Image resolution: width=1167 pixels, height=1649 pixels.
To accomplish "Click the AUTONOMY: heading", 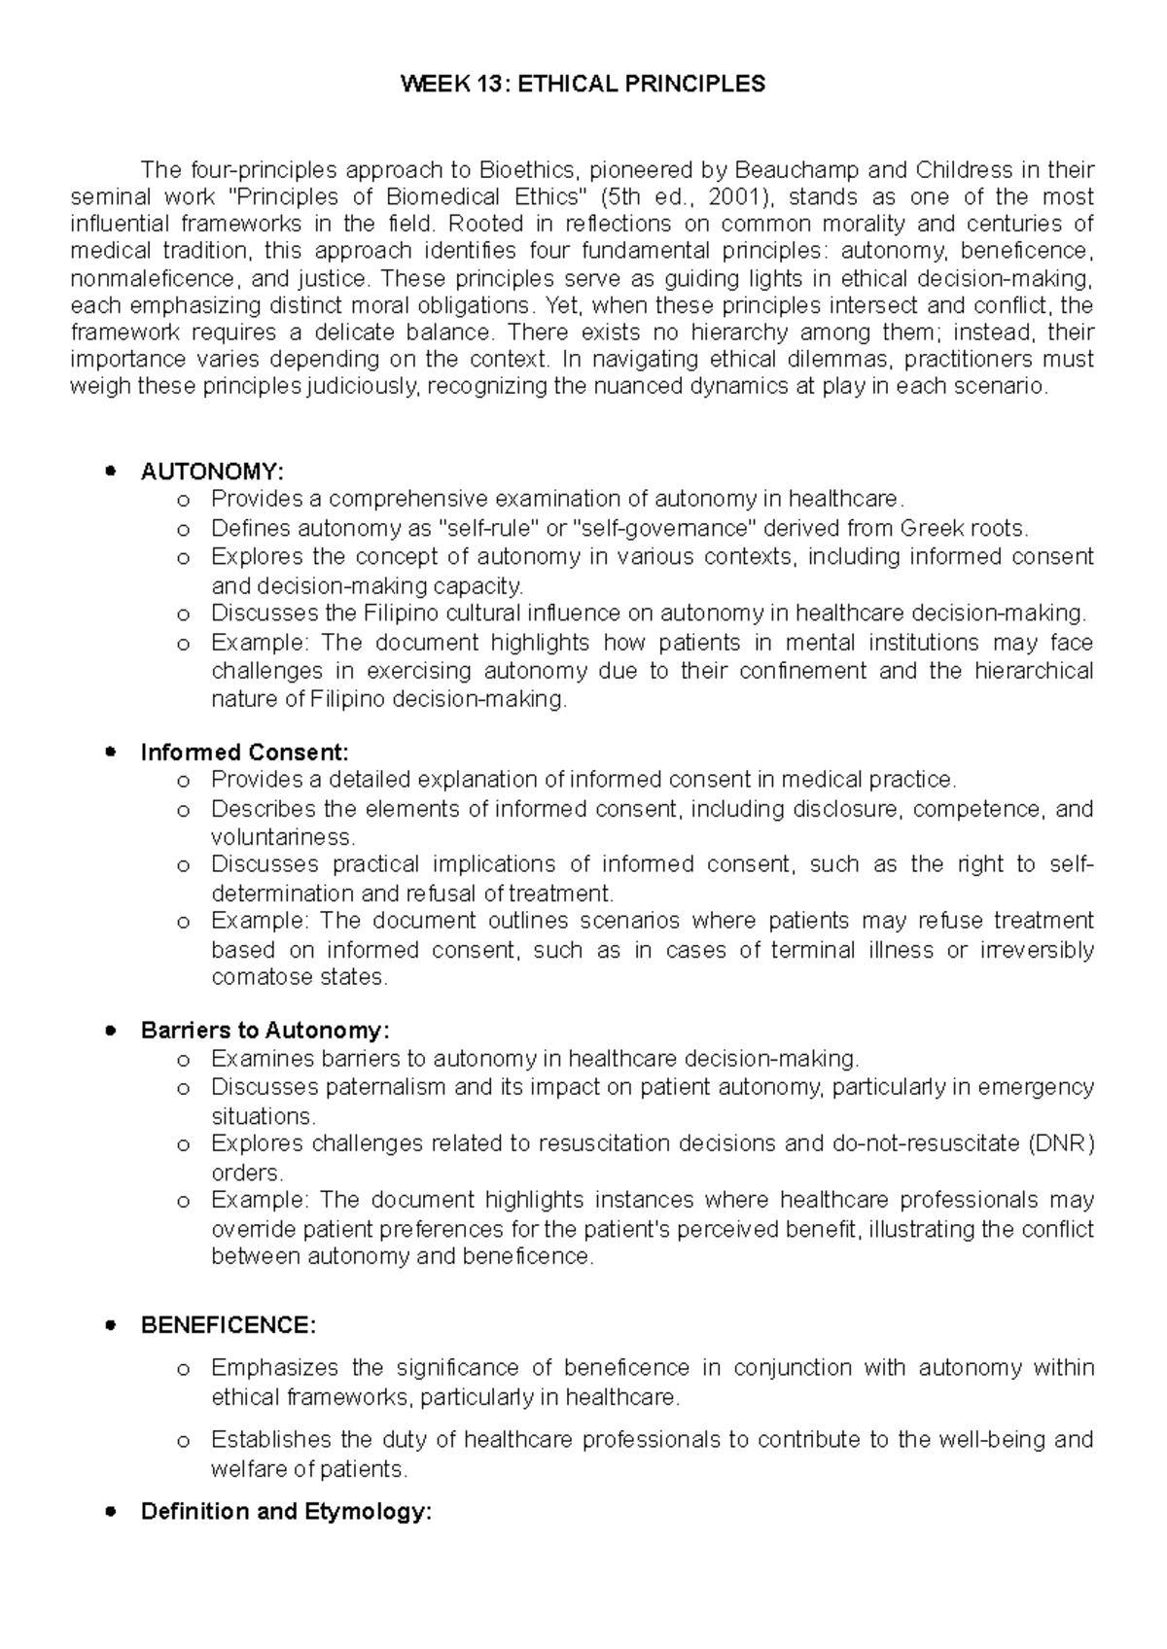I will coord(212,473).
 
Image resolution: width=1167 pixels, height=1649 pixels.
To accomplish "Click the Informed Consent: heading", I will coord(244,753).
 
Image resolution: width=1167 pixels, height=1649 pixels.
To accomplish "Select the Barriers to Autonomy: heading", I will coord(265,1031).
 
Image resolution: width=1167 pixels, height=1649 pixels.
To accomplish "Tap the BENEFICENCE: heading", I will coord(229,1326).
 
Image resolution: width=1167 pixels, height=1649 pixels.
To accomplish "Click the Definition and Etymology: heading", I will coord(286,1512).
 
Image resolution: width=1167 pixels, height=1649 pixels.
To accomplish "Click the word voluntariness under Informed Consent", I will coord(282,837).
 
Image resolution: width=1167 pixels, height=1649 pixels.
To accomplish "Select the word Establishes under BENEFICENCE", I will coord(267,1439).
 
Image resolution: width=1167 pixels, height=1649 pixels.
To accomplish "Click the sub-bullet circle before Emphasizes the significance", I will coord(182,1370).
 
